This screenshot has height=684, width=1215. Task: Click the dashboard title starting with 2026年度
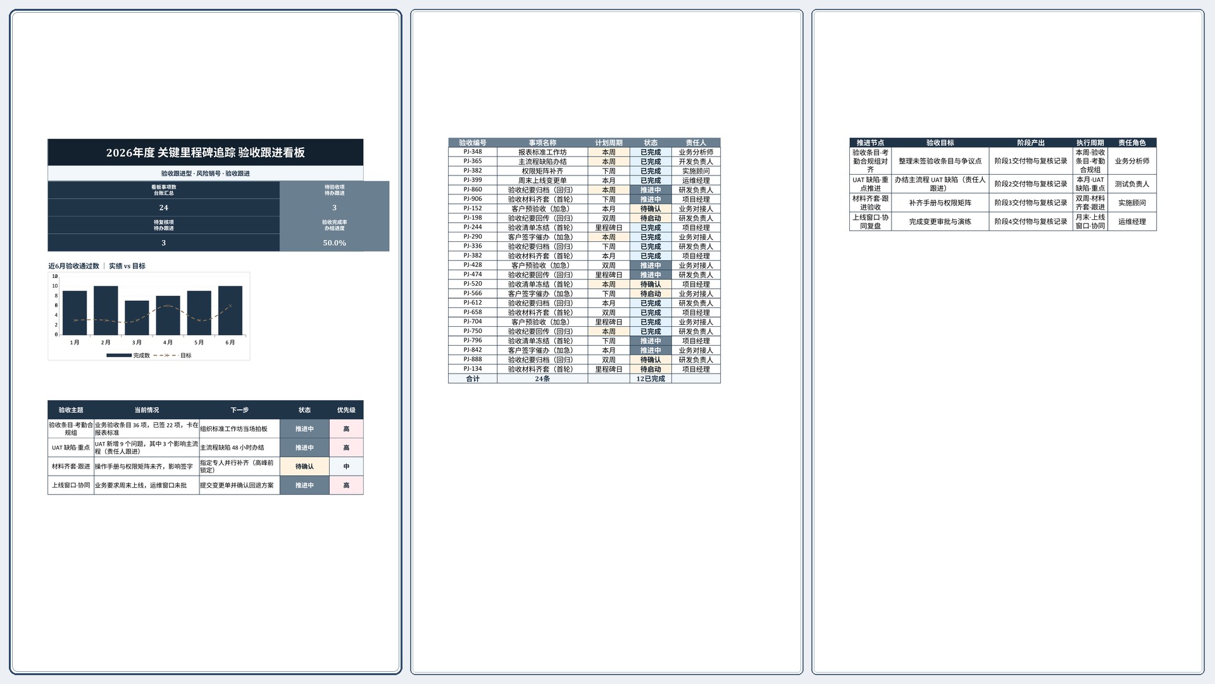click(205, 153)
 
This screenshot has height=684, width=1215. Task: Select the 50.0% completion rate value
click(334, 243)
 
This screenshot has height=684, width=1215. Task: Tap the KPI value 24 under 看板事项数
click(163, 208)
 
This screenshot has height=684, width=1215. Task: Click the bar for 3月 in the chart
click(137, 318)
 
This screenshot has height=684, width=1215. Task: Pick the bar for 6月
click(230, 310)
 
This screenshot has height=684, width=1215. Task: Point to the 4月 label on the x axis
click(168, 343)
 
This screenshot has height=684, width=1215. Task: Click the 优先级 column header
click(346, 410)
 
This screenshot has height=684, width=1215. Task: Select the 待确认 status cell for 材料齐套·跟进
click(304, 467)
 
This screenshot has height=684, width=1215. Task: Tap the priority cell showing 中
click(346, 467)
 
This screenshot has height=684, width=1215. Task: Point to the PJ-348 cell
click(473, 152)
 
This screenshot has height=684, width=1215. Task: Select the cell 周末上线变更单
click(542, 180)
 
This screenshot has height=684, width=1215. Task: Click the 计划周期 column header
click(609, 143)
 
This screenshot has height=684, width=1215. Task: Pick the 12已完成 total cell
click(651, 379)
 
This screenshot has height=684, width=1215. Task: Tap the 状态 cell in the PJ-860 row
click(651, 190)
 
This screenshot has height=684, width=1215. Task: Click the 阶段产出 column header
click(1031, 143)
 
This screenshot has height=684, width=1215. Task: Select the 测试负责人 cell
click(1132, 184)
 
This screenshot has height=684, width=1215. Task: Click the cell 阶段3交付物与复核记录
click(1031, 203)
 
